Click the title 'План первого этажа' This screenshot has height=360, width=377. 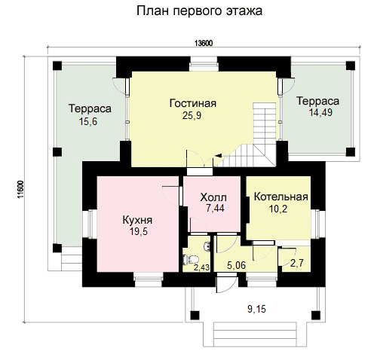[x=199, y=11]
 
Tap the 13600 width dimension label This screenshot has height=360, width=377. [x=204, y=44]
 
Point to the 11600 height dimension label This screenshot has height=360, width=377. [x=20, y=189]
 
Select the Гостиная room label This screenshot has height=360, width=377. [x=193, y=103]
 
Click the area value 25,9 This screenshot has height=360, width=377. [x=192, y=115]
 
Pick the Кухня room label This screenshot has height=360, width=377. [x=137, y=220]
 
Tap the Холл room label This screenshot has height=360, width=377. [x=213, y=197]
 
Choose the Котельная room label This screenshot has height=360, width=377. [x=281, y=197]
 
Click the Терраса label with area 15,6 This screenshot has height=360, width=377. [x=90, y=108]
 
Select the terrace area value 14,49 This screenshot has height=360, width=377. [x=320, y=112]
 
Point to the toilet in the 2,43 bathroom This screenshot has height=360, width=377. [x=191, y=259]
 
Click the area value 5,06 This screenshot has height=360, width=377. [x=236, y=265]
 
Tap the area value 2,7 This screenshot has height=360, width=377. [x=297, y=263]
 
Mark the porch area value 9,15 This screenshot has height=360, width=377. [x=256, y=309]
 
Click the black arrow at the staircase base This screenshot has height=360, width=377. [x=218, y=156]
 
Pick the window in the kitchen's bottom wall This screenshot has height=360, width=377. [x=148, y=279]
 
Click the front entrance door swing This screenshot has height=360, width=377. [x=226, y=283]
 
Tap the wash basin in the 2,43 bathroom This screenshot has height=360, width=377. [x=207, y=246]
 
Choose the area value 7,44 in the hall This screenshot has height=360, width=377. [x=215, y=208]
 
